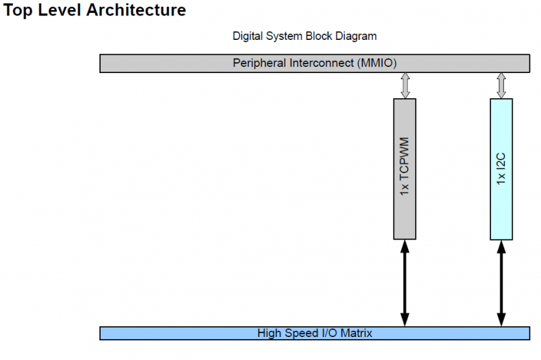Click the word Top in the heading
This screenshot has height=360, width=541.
click(18, 12)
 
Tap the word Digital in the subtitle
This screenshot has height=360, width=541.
click(248, 36)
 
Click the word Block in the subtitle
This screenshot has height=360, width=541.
click(321, 36)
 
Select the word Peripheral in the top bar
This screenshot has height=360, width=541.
click(259, 63)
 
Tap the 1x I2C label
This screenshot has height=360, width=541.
click(501, 169)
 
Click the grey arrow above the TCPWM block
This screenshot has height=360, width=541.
click(404, 85)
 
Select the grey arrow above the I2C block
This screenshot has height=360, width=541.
click(501, 85)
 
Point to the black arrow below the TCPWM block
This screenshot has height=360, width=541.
click(404, 283)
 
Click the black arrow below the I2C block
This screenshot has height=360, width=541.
click(501, 283)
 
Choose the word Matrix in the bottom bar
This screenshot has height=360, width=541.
click(356, 333)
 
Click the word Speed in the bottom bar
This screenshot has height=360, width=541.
click(298, 333)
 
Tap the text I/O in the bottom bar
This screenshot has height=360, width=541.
click(327, 333)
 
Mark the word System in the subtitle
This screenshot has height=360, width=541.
click(285, 36)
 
